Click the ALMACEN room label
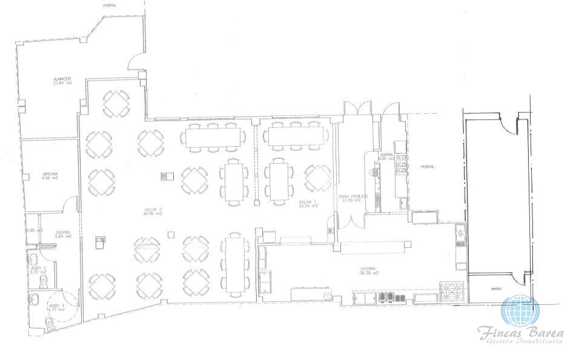(x=62, y=81)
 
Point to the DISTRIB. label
(x=64, y=233)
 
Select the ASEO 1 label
(x=56, y=307)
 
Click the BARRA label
(x=388, y=156)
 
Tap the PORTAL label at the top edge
(x=110, y=5)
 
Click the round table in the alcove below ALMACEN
(x=115, y=104)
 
